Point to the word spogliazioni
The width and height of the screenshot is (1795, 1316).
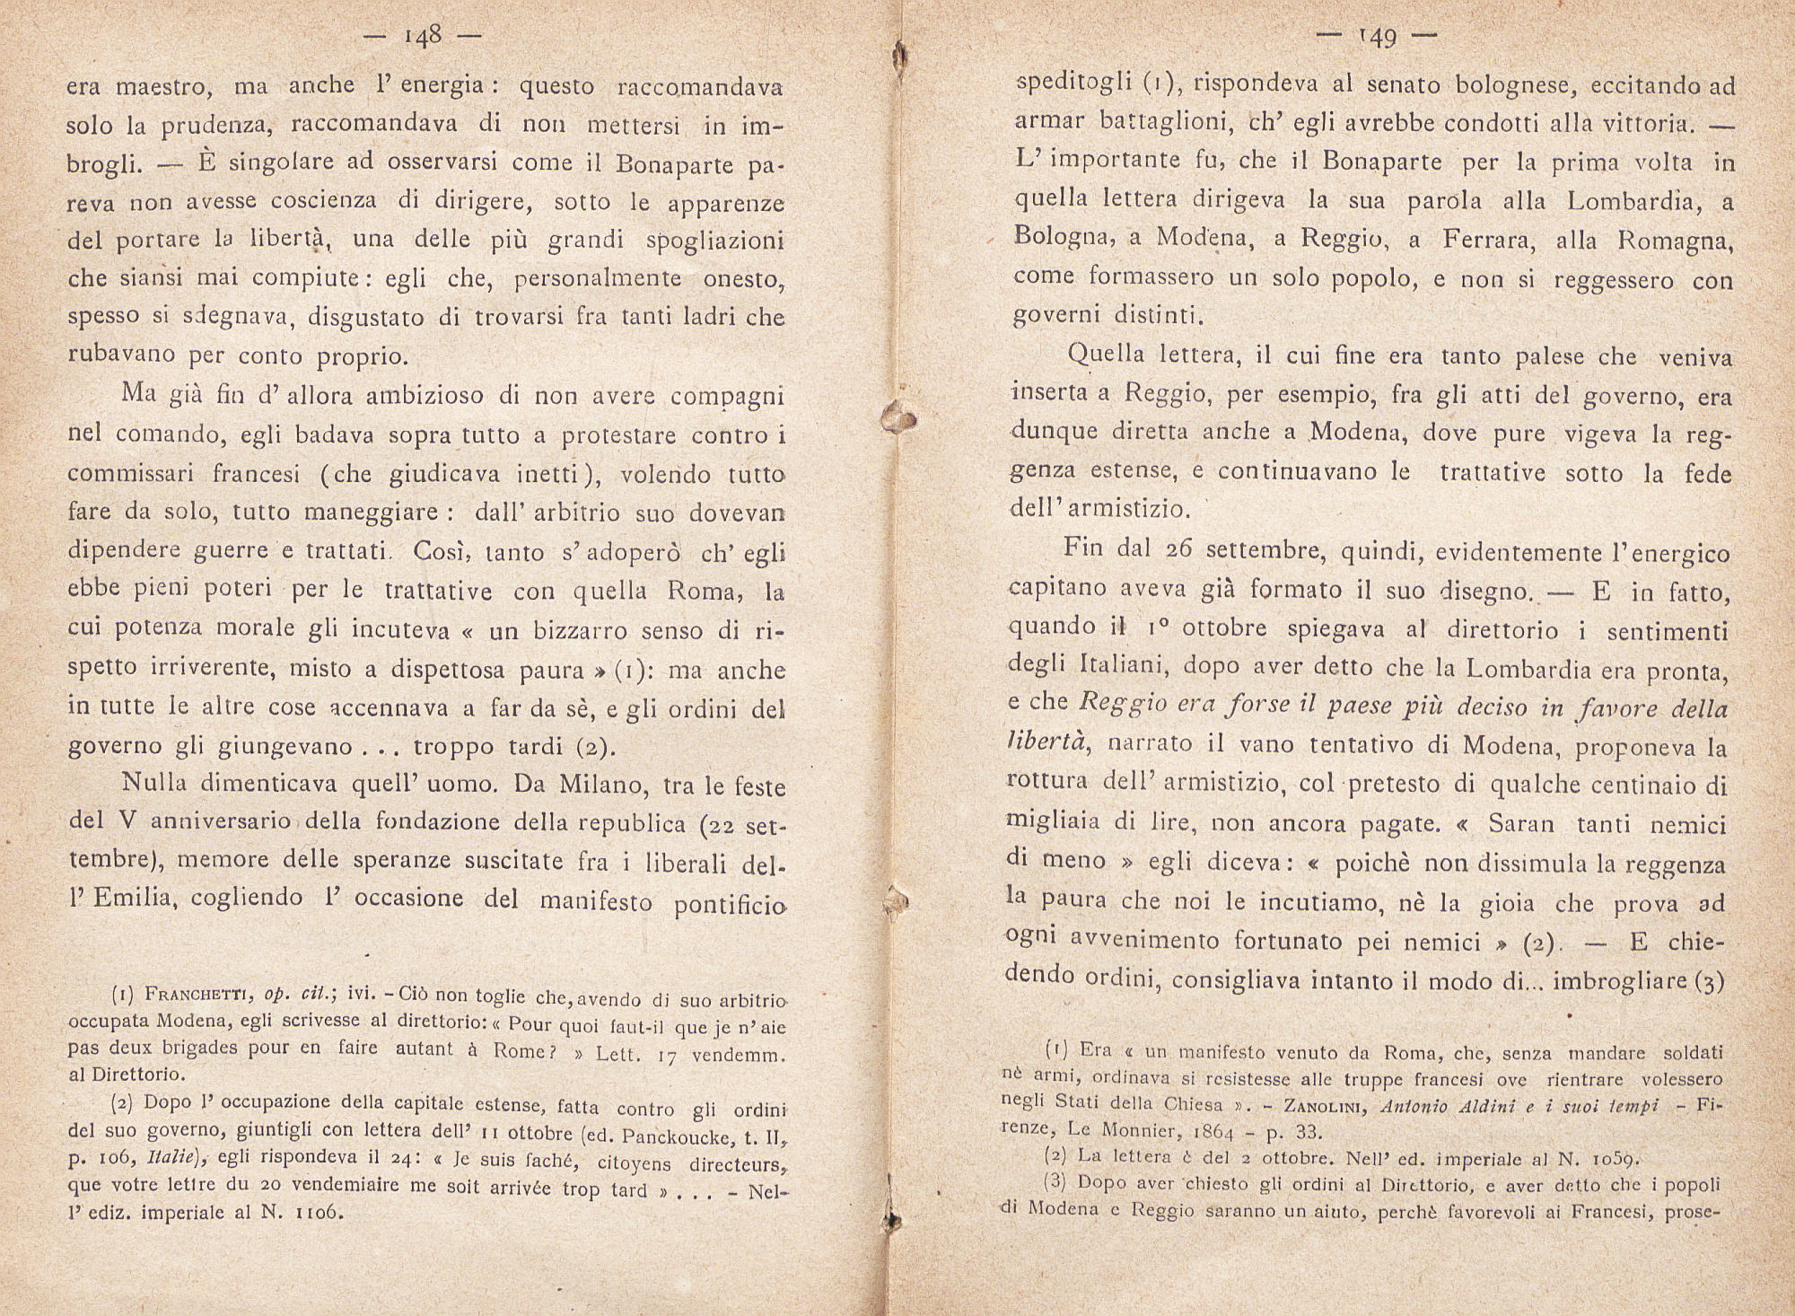(716, 241)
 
